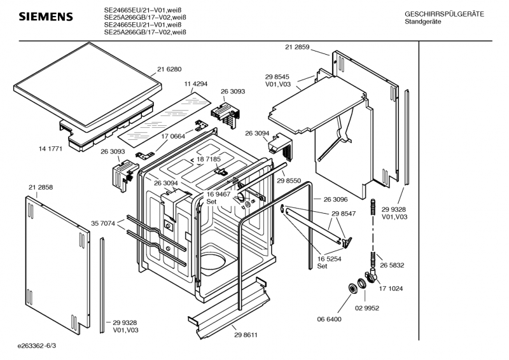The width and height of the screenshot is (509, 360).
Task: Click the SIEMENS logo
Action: point(46,17)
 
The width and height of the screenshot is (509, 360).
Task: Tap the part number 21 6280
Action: point(169,69)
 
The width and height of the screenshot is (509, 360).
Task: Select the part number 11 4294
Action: point(196,84)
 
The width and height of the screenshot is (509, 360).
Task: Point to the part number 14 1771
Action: point(50,149)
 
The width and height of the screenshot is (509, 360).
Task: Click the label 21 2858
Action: point(41,187)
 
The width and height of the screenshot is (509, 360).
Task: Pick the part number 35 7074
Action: point(103,223)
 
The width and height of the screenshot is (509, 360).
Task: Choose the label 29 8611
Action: point(246,335)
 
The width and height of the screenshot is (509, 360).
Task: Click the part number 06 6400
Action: point(329,319)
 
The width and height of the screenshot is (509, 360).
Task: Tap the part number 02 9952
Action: point(367,308)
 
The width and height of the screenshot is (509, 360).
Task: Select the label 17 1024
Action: point(391,289)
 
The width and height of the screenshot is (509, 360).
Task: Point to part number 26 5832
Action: point(392,265)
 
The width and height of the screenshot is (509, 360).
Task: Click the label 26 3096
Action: point(336,199)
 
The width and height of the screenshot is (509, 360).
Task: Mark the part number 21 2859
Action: point(297,47)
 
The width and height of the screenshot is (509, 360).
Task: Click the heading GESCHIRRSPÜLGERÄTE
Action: point(444,14)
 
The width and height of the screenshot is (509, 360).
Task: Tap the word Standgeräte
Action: point(423,22)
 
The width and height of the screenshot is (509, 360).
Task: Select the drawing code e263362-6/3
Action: point(37,346)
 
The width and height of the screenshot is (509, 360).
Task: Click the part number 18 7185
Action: point(209,159)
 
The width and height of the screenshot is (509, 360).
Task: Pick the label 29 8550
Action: point(289,181)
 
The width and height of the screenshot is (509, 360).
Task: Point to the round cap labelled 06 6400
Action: point(352,289)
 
